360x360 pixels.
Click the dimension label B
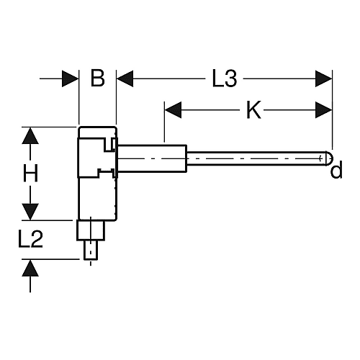98,78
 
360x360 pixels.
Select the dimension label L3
225,78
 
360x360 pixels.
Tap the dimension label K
253,110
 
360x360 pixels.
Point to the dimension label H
30,174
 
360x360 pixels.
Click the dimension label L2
30,239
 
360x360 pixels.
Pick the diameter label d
336,169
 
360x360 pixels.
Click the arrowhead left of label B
71,78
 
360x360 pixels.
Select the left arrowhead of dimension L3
125,78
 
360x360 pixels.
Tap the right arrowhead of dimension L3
324,78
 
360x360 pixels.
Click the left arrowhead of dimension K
173,110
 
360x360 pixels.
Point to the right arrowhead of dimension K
324,110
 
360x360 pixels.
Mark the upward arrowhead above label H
30,135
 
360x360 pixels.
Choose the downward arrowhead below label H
30,212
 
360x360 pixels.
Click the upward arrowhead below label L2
30,268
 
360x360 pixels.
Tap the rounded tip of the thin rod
329,158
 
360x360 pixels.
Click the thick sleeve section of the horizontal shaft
152,158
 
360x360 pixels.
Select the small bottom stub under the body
91,250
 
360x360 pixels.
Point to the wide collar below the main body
91,230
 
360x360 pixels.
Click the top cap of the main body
98,132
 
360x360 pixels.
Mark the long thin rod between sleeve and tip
256,158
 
